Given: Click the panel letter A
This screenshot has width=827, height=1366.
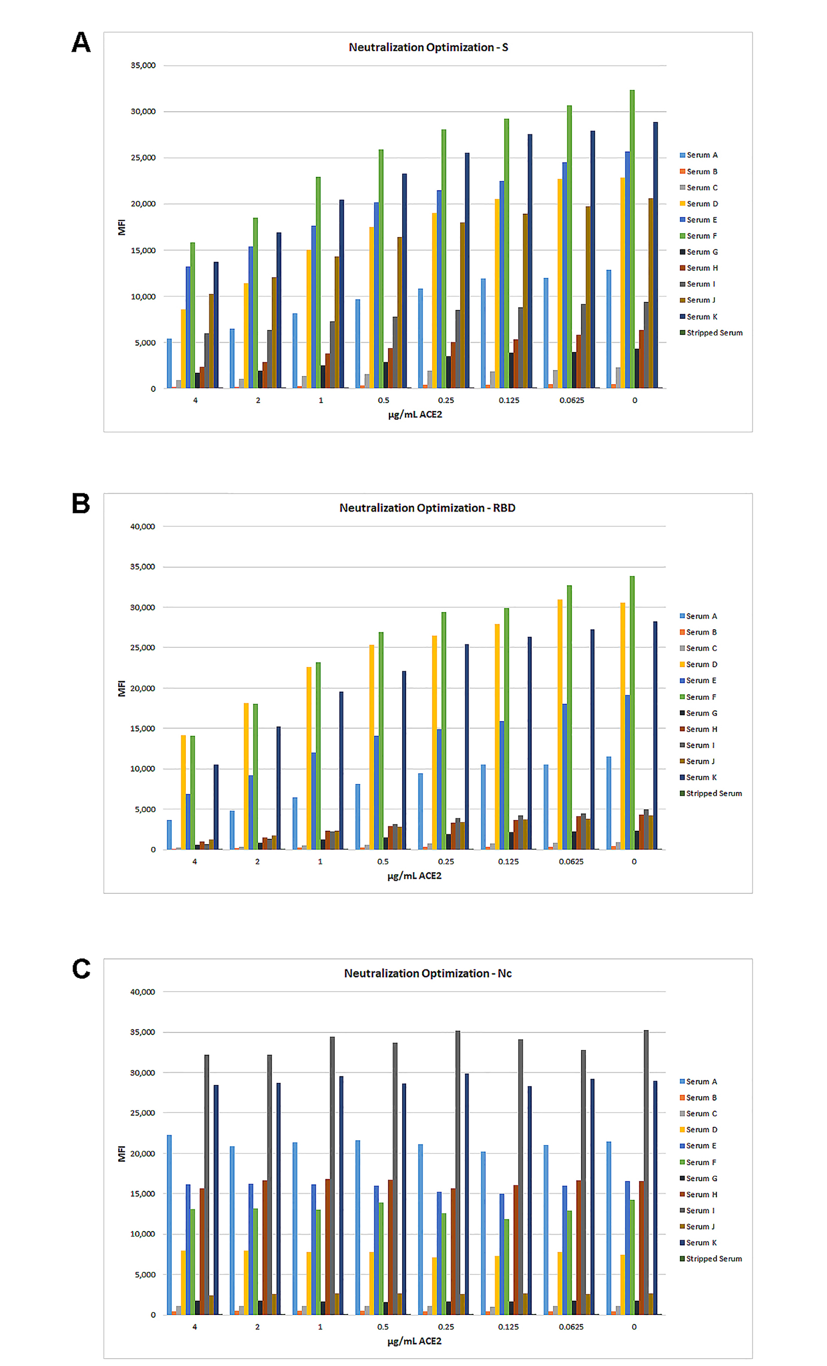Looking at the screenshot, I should pos(81,43).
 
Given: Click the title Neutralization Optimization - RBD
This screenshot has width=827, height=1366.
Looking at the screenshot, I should pos(427,508).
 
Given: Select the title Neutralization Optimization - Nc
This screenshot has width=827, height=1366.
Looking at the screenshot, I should pos(428,973).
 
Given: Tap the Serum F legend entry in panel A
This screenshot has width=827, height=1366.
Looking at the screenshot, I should pos(701,236).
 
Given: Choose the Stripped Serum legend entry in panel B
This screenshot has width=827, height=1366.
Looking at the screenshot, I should pos(714,793).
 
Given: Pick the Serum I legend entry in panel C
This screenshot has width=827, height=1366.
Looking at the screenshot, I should pos(700,1210).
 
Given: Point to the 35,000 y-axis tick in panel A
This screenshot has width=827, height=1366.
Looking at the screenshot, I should pos(143,66).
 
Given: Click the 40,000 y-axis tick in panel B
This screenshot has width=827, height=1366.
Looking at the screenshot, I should pos(142,526).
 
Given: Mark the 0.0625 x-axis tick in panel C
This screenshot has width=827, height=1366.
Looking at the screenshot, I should pos(571,1326).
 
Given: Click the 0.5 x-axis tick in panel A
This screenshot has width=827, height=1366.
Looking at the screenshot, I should pos(383,400).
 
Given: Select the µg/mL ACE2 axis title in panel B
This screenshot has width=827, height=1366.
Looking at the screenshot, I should pos(414,875).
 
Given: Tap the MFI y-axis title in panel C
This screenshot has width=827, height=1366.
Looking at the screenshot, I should pos(122,1154).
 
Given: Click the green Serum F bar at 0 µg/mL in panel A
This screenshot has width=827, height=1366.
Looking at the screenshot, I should pos(632,238).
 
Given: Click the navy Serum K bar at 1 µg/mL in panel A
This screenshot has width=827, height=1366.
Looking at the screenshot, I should pos(342,294).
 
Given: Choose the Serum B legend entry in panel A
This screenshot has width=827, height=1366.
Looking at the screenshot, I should pos(701,171).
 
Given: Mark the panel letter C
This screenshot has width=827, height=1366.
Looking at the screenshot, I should pos(81,969).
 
